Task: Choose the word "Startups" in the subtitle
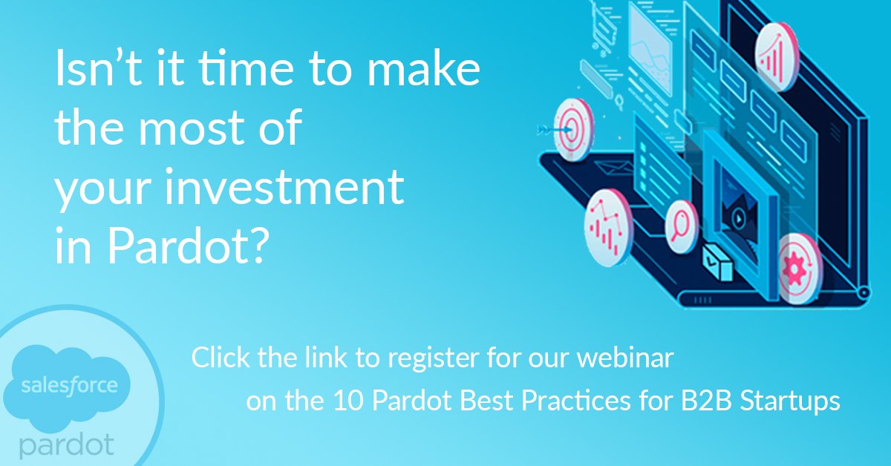pyautogui.click(x=787, y=401)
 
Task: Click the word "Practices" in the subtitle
pyautogui.click(x=555, y=401)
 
